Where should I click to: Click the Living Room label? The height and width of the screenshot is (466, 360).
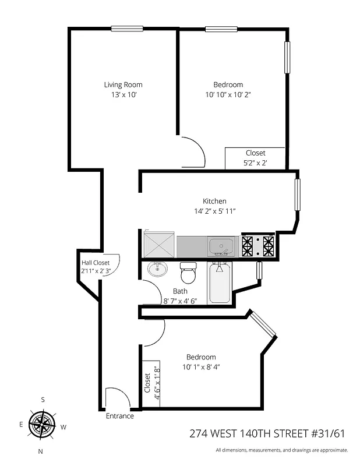point(123,84)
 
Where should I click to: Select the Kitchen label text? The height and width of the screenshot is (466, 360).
point(214,201)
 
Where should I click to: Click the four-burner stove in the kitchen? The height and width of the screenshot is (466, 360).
point(257,246)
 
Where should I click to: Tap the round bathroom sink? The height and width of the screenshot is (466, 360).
point(157,269)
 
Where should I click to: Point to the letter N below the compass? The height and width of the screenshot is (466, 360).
point(40,451)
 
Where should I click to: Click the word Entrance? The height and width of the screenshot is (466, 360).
point(119,416)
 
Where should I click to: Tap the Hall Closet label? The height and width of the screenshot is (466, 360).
point(96,262)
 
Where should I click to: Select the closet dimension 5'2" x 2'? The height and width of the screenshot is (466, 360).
point(255,163)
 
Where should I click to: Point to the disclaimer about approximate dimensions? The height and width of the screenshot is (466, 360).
point(281,450)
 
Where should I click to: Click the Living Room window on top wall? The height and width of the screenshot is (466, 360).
point(127,29)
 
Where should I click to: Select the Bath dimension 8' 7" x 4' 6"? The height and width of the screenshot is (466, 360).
point(181,301)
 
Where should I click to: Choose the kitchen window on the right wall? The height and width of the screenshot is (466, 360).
point(297,195)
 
